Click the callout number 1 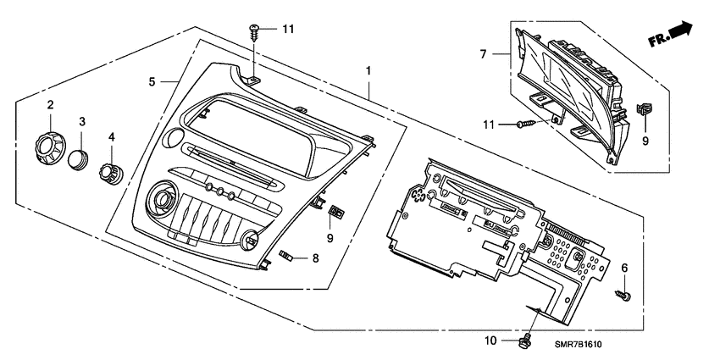pyautogui.click(x=368, y=68)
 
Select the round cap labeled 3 pyautogui.click(x=80, y=158)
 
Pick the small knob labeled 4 pyautogui.click(x=108, y=170)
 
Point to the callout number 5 pyautogui.click(x=152, y=82)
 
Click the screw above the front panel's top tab pyautogui.click(x=255, y=32)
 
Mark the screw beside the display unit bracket pyautogui.click(x=524, y=125)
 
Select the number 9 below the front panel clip pyautogui.click(x=330, y=238)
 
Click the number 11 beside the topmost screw pyautogui.click(x=288, y=29)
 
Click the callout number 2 pyautogui.click(x=50, y=105)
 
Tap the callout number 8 pyautogui.click(x=315, y=258)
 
